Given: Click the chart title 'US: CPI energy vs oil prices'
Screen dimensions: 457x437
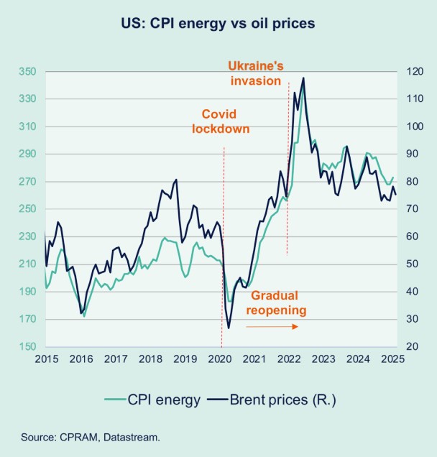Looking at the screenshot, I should (x=218, y=24).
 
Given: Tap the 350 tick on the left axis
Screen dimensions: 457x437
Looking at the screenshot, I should (x=27, y=72).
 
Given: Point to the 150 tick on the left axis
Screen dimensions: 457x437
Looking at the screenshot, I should (x=27, y=347).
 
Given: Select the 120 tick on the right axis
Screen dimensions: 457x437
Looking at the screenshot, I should (x=413, y=72).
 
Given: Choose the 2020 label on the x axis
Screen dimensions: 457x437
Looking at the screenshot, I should (x=221, y=359).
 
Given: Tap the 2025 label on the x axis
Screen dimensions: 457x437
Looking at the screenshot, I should (x=392, y=359).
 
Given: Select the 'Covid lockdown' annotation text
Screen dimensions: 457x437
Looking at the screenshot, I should (x=219, y=121).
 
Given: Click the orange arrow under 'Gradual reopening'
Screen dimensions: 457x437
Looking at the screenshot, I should (x=272, y=326).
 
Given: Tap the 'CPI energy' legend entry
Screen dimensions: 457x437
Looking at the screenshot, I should (x=152, y=400).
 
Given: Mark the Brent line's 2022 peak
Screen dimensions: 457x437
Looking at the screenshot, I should (x=303, y=78).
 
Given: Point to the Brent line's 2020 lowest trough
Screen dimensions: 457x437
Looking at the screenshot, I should (x=229, y=328).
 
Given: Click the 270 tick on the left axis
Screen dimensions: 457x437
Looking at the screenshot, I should (x=27, y=182).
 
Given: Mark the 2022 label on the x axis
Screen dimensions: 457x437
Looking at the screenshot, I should (x=289, y=359).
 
